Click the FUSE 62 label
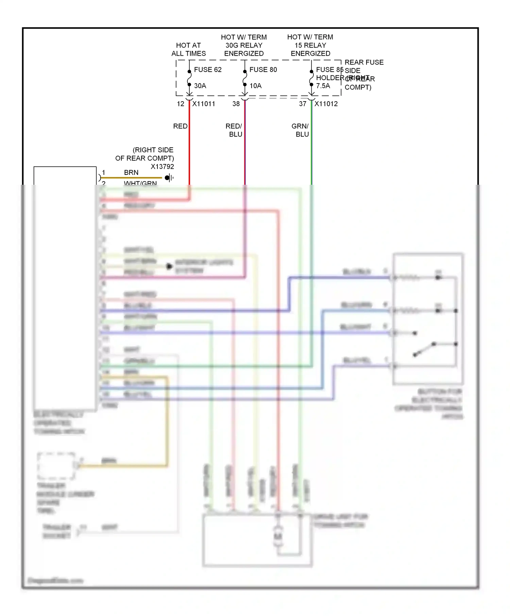207,70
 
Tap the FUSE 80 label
263,70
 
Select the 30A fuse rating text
200,86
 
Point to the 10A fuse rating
255,86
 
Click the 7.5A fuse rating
323,86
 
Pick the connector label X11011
204,104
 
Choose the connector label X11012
326,104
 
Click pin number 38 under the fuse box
236,104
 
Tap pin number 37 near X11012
303,104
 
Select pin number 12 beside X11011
181,104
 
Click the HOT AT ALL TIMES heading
188,50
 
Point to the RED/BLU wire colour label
234,130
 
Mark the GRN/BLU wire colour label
300,130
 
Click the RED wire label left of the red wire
180,126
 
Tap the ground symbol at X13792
169,178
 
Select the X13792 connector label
162,167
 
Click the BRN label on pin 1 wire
131,173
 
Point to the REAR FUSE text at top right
364,62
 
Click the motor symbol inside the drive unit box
278,537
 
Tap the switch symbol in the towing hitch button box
424,349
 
